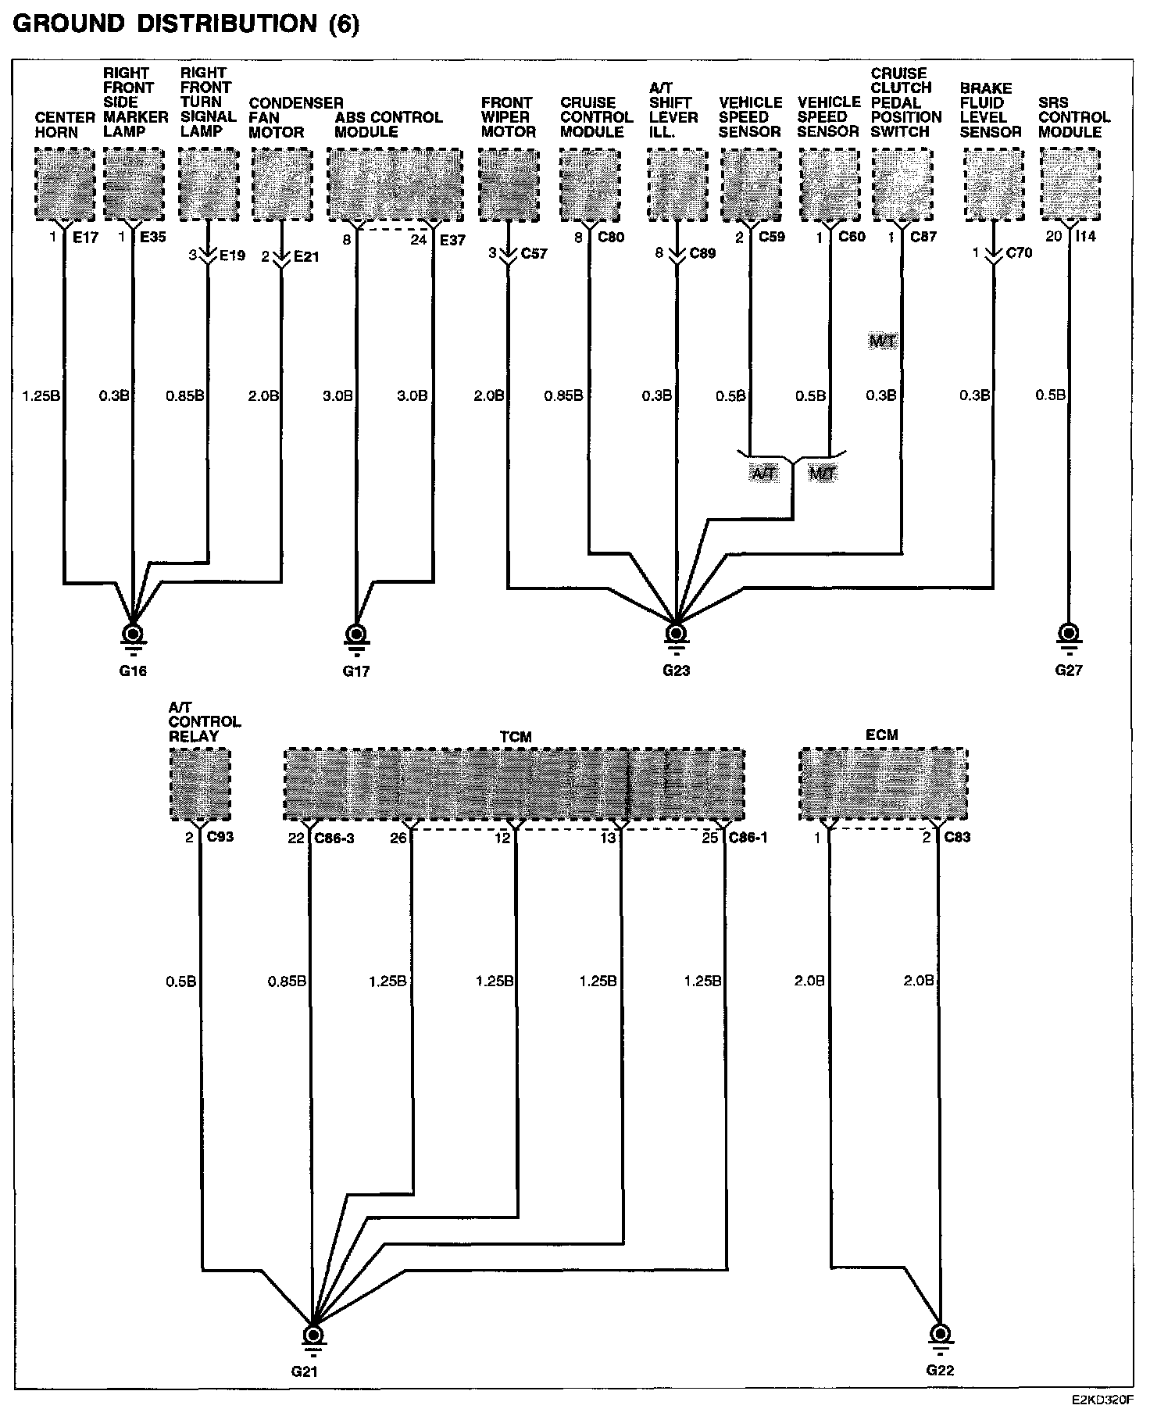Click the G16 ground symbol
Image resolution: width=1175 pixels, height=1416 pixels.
pyautogui.click(x=133, y=634)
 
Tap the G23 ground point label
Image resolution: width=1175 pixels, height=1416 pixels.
pyautogui.click(x=676, y=670)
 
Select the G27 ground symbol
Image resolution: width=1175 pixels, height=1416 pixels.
pyautogui.click(x=1068, y=634)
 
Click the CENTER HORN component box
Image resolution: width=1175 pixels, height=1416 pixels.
pyautogui.click(x=65, y=184)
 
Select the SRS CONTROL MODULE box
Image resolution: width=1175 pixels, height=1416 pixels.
pyautogui.click(x=1070, y=184)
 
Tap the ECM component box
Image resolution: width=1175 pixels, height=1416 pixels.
pyautogui.click(x=883, y=784)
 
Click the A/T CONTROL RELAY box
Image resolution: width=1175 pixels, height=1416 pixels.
pyautogui.click(x=200, y=784)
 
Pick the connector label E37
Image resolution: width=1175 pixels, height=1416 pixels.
pyautogui.click(x=452, y=240)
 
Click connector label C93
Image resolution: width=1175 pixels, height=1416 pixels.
pyautogui.click(x=220, y=837)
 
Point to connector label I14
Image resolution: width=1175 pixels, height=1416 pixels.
pyautogui.click(x=1086, y=237)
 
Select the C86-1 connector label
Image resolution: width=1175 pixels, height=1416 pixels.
pyautogui.click(x=748, y=838)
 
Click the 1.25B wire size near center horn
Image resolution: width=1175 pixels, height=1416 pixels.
pyautogui.click(x=41, y=396)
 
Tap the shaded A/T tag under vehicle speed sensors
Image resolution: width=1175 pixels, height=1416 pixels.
pyautogui.click(x=764, y=473)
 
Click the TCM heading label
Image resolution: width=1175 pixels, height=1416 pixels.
pyautogui.click(x=515, y=736)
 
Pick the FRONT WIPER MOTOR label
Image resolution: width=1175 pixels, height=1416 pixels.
pyautogui.click(x=508, y=117)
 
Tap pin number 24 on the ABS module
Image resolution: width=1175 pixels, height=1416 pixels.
pyautogui.click(x=419, y=240)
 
